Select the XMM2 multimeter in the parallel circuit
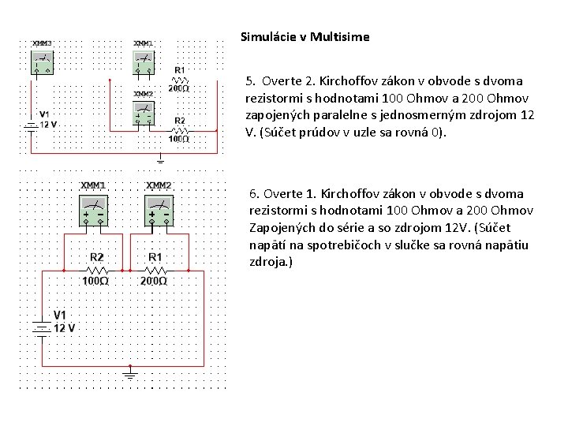(144, 111)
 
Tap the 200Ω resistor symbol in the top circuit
(180, 80)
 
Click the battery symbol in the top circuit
(31, 124)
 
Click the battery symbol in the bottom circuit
(42, 326)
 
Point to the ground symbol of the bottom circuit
(130, 372)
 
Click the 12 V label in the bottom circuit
(65, 328)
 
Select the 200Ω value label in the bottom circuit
(154, 281)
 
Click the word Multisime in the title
(340, 36)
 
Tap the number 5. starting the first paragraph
(251, 81)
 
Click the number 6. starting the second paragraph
(254, 193)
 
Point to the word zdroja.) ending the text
(271, 261)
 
